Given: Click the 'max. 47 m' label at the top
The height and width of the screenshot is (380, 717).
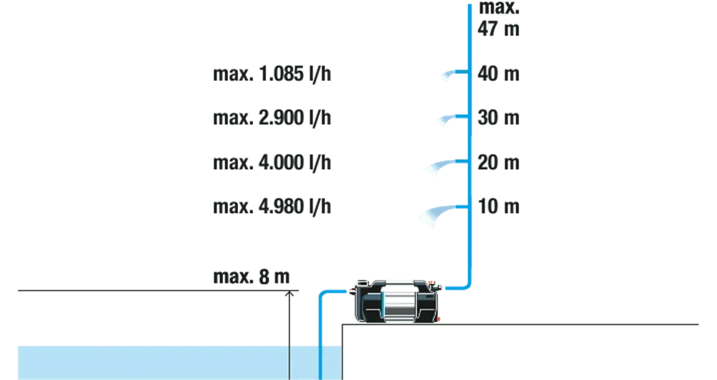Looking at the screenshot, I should click(498, 19).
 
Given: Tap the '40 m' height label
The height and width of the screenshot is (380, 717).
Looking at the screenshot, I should click(498, 74).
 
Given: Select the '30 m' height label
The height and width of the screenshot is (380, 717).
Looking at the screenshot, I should click(498, 118).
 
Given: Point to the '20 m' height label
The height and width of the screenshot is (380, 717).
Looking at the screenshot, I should click(498, 163).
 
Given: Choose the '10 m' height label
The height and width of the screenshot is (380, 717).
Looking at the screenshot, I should click(498, 207).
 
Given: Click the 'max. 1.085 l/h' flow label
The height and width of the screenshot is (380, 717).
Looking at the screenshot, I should click(272, 74).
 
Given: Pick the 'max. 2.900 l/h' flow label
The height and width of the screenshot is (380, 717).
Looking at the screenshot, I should click(272, 118).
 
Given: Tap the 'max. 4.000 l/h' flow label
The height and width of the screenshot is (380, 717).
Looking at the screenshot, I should click(272, 163).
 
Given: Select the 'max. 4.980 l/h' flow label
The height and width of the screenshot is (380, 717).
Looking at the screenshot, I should click(272, 207).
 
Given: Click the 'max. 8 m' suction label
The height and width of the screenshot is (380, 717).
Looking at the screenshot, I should click(251, 277).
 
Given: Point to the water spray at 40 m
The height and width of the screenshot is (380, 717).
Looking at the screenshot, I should click(450, 75).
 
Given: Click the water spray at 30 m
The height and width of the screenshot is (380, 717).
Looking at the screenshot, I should click(445, 119).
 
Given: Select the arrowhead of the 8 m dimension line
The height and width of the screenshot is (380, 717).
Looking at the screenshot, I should click(289, 294).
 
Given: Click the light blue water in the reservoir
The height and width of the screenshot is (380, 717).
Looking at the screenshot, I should click(158, 362).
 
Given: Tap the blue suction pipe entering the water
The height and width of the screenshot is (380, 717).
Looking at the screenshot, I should click(320, 358).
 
